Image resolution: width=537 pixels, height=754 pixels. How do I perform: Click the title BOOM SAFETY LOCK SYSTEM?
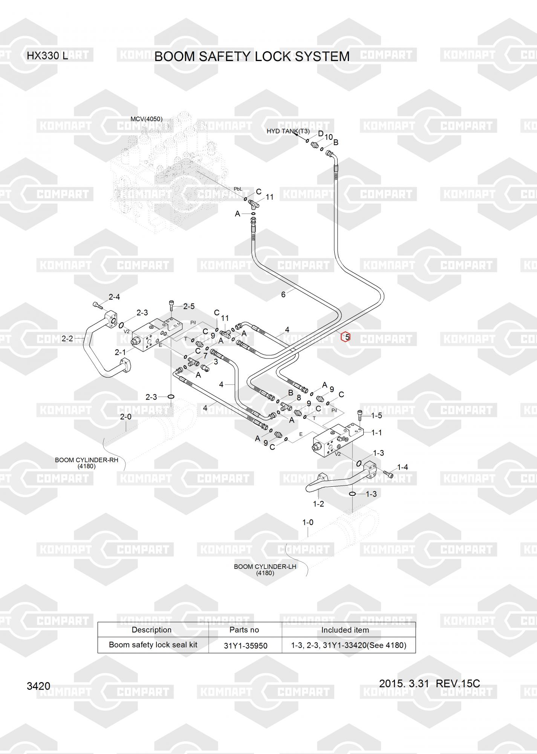[x=252, y=57]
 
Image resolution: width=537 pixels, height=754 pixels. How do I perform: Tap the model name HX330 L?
[x=47, y=56]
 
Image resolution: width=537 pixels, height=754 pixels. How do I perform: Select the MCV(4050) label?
[x=146, y=119]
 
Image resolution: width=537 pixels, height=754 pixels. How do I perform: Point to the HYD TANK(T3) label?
[x=288, y=131]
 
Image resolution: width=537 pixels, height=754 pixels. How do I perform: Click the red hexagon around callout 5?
[x=346, y=337]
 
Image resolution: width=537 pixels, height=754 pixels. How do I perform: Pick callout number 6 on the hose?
[x=283, y=294]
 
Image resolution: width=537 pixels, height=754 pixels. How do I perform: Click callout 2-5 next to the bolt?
[x=189, y=307]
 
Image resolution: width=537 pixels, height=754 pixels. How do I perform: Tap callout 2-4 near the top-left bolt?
[x=114, y=297]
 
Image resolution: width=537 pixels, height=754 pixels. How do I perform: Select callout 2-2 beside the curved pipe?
[x=67, y=339]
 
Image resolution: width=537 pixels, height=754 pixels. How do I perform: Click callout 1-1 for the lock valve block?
[x=376, y=432]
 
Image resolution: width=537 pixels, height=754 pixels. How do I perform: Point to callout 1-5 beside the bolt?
[x=376, y=415]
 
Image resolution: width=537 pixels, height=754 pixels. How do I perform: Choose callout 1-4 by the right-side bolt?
[x=402, y=467]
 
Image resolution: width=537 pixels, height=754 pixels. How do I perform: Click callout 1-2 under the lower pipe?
[x=318, y=504]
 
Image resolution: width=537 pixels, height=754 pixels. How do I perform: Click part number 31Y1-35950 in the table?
[x=245, y=646]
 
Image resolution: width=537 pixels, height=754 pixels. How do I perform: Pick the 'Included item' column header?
[x=345, y=630]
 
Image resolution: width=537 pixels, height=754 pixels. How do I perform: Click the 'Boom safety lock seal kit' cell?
[x=153, y=645]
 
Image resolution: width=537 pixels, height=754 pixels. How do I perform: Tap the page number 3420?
[x=38, y=686]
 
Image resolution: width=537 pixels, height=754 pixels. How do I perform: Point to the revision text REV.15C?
[x=457, y=684]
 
